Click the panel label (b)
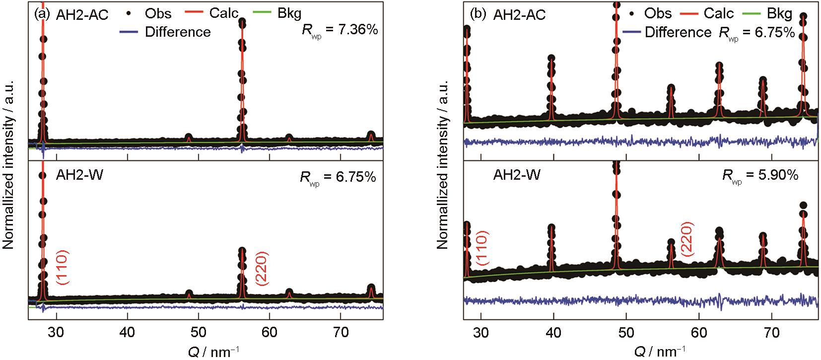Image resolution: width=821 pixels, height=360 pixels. pyautogui.click(x=478, y=14)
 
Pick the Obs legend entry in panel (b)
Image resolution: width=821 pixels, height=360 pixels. pyautogui.click(x=655, y=13)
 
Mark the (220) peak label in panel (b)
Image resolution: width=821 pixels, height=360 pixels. pyautogui.click(x=688, y=239)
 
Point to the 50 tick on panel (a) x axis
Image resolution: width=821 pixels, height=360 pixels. pyautogui.click(x=199, y=333)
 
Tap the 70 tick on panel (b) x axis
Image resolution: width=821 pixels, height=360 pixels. pyautogui.click(x=771, y=333)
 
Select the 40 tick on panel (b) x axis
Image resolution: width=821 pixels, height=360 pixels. pyautogui.click(x=553, y=333)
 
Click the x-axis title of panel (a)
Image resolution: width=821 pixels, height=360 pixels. pyautogui.click(x=208, y=351)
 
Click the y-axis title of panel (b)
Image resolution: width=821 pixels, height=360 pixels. pyautogui.click(x=443, y=165)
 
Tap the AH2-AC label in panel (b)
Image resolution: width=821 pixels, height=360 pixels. pyautogui.click(x=519, y=15)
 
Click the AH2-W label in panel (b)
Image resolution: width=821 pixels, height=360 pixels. pyautogui.click(x=517, y=175)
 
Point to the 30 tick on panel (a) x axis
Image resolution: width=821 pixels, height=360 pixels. pyautogui.click(x=57, y=333)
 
